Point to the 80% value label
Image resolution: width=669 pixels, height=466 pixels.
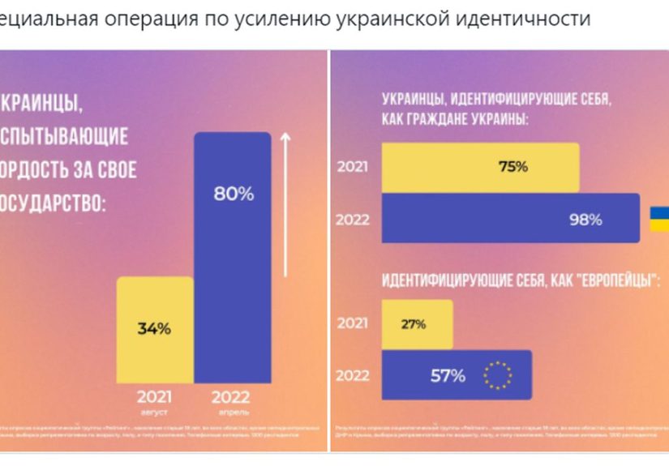tap(234, 195)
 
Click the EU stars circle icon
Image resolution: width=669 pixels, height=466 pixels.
tap(497, 375)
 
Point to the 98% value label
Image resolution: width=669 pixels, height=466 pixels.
tap(585, 219)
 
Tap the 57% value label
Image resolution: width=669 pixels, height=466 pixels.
tap(448, 375)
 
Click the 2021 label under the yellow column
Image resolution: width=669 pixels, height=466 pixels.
tap(153, 397)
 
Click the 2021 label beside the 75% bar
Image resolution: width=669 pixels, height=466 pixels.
tap(353, 168)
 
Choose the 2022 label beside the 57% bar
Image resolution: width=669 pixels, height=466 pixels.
tap(353, 375)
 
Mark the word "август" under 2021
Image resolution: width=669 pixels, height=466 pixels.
tap(153, 411)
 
